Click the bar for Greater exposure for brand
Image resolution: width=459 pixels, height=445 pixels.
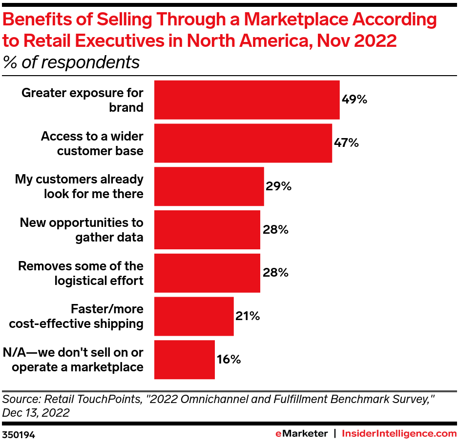click(x=247, y=100)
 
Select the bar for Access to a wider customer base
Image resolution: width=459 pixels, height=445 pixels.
click(x=243, y=143)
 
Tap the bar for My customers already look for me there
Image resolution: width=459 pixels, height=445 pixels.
click(x=209, y=186)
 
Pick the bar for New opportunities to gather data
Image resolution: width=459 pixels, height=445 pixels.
click(x=207, y=230)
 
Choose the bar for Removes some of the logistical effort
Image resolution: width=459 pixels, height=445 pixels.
click(x=207, y=273)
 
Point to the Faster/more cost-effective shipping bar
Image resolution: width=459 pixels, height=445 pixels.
click(x=194, y=316)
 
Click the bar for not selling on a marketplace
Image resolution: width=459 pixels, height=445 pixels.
click(x=184, y=360)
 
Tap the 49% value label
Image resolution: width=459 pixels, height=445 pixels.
click(x=354, y=100)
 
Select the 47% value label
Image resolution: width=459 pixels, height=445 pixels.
click(x=346, y=143)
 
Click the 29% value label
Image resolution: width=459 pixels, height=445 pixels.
click(x=278, y=186)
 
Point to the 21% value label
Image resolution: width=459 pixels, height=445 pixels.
click(x=247, y=316)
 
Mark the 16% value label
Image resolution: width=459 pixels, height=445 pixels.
click(x=229, y=360)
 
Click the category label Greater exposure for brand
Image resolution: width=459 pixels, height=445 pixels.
click(x=83, y=100)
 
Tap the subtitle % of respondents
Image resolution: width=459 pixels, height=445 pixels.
click(x=71, y=63)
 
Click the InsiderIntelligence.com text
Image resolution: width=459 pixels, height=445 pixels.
click(x=399, y=433)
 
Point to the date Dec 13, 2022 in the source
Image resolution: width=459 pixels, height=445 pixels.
click(x=36, y=413)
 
